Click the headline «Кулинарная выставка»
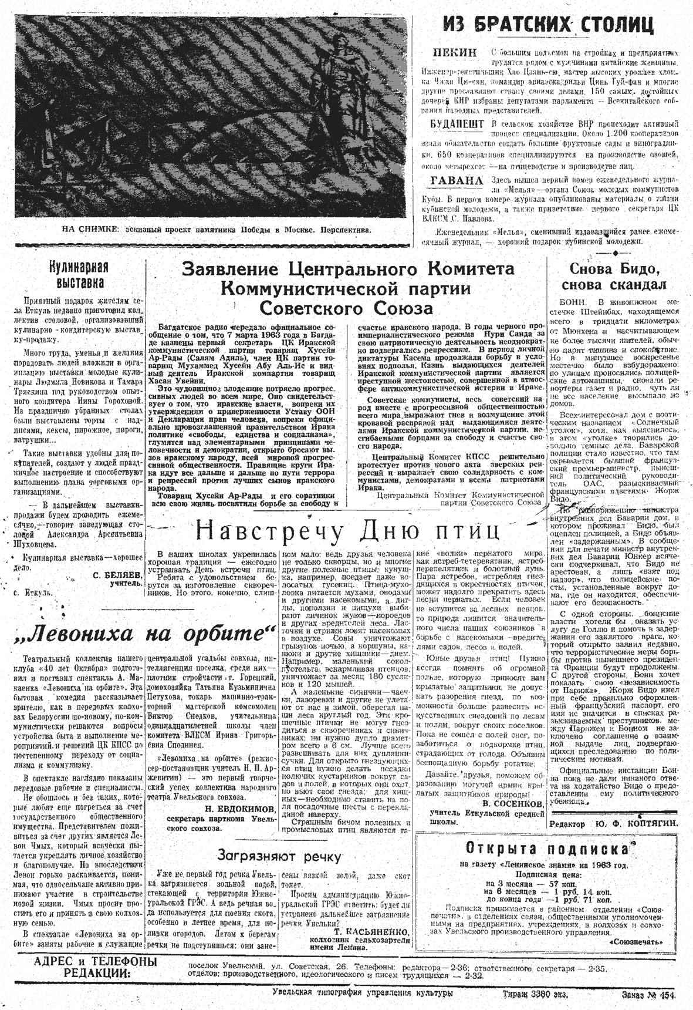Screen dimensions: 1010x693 (x=79, y=275)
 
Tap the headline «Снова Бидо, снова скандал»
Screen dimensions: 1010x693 (x=614, y=277)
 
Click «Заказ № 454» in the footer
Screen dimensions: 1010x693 (x=648, y=995)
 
